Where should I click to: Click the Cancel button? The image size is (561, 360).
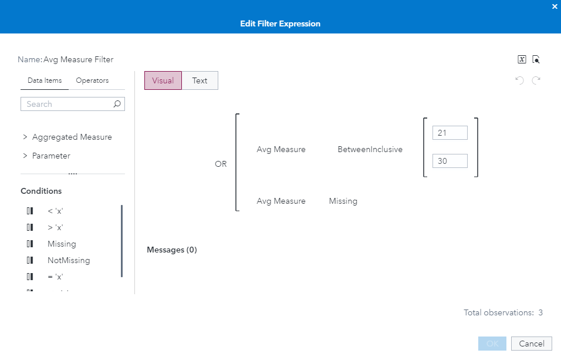pyautogui.click(x=532, y=344)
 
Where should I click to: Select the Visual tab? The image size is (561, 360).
pyautogui.click(x=163, y=80)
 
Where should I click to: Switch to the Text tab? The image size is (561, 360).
pyautogui.click(x=200, y=80)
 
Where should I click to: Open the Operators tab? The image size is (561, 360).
pyautogui.click(x=92, y=80)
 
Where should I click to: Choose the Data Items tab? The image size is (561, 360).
pyautogui.click(x=45, y=80)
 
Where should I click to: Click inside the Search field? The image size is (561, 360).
pyautogui.click(x=67, y=104)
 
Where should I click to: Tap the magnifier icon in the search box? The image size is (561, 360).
pyautogui.click(x=117, y=104)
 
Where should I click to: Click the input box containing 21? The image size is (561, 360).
pyautogui.click(x=450, y=133)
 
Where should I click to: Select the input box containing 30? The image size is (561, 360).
pyautogui.click(x=450, y=160)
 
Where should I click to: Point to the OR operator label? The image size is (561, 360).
pyautogui.click(x=221, y=164)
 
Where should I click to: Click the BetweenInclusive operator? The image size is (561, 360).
pyautogui.click(x=370, y=149)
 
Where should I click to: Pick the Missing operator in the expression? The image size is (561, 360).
pyautogui.click(x=343, y=201)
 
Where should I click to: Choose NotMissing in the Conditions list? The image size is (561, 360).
pyautogui.click(x=69, y=260)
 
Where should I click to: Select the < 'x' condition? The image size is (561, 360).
pyautogui.click(x=55, y=211)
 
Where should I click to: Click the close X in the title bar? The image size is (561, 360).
pyautogui.click(x=555, y=6)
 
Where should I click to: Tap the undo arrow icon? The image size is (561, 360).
pyautogui.click(x=519, y=80)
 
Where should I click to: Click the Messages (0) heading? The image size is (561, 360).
pyautogui.click(x=171, y=250)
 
